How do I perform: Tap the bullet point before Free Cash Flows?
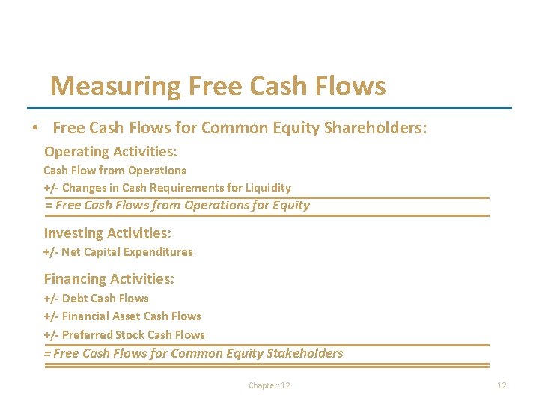(x=35, y=129)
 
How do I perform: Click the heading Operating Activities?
(x=111, y=152)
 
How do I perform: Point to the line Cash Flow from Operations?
(x=115, y=171)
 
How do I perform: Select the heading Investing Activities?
(x=108, y=233)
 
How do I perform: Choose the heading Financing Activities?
(x=109, y=279)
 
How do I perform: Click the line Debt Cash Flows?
(x=96, y=298)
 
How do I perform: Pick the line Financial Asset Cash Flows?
(x=122, y=316)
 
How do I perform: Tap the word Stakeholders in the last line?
(x=305, y=353)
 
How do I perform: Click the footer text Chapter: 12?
(x=269, y=385)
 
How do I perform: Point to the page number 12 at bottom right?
(x=502, y=385)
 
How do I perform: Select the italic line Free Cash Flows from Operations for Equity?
(x=177, y=205)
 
